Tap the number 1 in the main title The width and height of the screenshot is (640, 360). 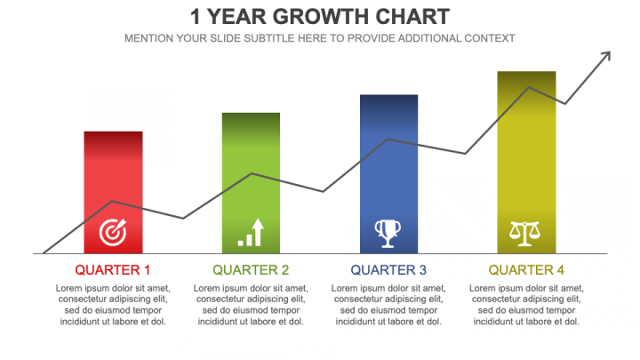(196, 17)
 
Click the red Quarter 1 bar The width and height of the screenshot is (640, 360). (113, 192)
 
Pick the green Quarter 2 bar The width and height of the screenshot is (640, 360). (251, 183)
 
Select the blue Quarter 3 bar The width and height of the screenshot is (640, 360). (388, 174)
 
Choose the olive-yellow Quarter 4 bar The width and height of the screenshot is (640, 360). (526, 163)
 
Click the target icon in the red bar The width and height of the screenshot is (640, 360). (113, 232)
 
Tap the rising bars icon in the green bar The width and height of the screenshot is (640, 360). (251, 232)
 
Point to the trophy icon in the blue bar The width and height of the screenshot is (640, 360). (388, 234)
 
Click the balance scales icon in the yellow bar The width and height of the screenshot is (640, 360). (525, 234)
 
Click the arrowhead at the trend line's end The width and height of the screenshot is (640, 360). (605, 56)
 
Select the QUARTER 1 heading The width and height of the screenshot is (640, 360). (113, 270)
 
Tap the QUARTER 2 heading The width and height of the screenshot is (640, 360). (251, 270)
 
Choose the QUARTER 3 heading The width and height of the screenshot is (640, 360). (388, 270)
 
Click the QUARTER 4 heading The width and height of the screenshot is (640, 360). (526, 270)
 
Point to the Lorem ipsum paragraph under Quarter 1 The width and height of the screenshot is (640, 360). (113, 305)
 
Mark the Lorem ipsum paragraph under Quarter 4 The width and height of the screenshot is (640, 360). (526, 305)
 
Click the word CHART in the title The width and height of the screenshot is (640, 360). (412, 17)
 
